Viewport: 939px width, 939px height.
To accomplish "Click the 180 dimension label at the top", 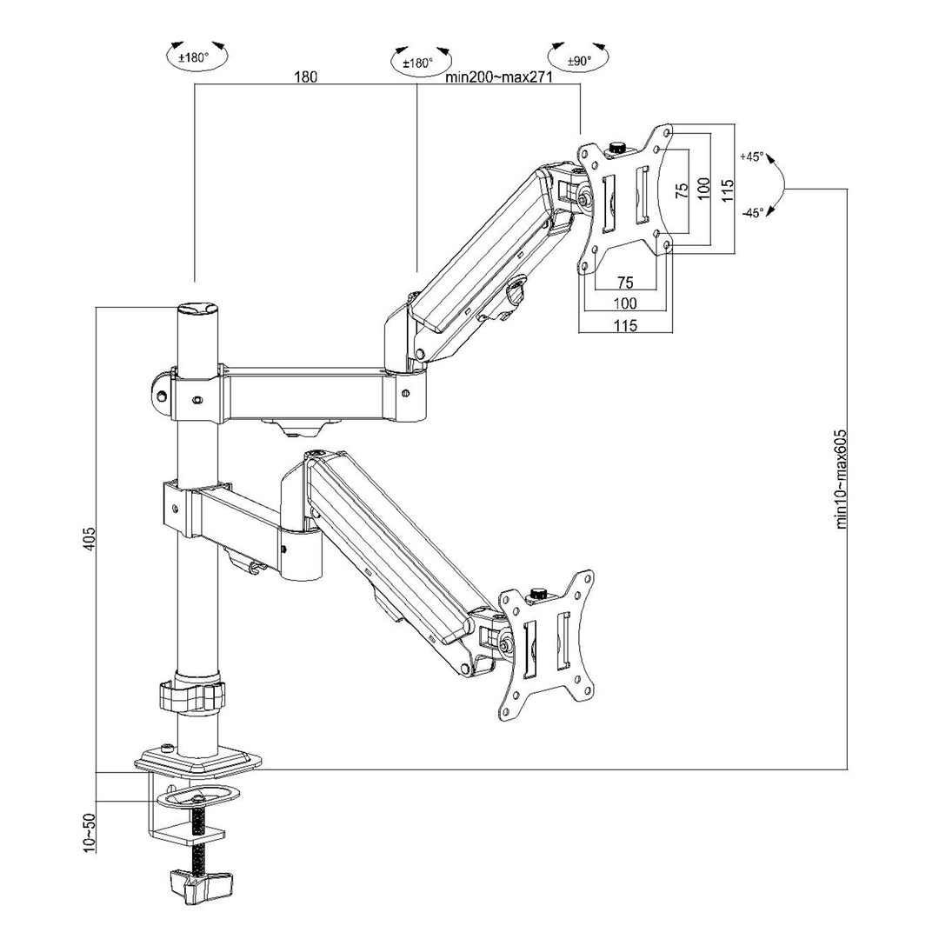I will pyautogui.click(x=305, y=77).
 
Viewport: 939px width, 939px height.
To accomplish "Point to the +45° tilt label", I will pyautogui.click(x=751, y=157).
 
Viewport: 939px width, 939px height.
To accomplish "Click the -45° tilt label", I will pyautogui.click(x=752, y=212).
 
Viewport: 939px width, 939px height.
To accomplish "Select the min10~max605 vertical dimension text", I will pyautogui.click(x=842, y=479).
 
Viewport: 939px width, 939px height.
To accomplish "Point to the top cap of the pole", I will pyautogui.click(x=197, y=310).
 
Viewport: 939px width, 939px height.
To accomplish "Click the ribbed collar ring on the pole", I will pyautogui.click(x=192, y=695).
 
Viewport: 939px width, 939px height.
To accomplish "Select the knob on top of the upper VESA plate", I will pyautogui.click(x=617, y=147).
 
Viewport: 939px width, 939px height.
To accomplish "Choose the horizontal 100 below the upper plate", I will pyautogui.click(x=625, y=303).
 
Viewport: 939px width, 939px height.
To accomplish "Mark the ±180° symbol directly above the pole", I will pyautogui.click(x=196, y=57).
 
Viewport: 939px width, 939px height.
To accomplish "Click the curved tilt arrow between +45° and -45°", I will pyautogui.click(x=779, y=185).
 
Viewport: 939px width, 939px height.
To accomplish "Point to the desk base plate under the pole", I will pyautogui.click(x=198, y=762).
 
